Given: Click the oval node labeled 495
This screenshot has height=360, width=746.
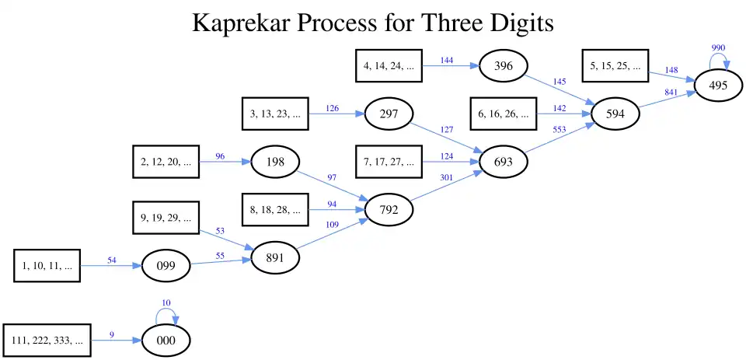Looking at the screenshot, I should point(719,86).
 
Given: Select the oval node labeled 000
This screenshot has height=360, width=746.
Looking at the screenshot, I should point(166,341).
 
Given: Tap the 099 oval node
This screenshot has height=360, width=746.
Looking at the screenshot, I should point(166,266).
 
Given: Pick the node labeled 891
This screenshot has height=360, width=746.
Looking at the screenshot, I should point(275,258).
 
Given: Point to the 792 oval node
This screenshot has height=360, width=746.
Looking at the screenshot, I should point(389,209).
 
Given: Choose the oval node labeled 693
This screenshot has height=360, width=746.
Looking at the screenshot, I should point(503,162).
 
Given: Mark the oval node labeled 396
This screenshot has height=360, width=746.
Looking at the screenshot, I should point(504,66).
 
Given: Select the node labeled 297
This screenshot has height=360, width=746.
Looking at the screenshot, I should point(389,114).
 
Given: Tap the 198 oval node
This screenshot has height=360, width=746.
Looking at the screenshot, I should point(275,162).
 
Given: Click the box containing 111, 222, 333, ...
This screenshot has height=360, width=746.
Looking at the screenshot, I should point(47,341).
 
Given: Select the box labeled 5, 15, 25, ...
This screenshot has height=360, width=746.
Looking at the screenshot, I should point(615,66).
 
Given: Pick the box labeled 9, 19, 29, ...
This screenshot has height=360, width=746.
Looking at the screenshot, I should point(166,218).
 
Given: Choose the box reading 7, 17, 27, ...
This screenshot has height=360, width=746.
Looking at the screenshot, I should point(389,162).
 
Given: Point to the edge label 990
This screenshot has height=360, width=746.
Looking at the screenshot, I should point(719,48).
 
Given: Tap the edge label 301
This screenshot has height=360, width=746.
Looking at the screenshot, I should point(445,177).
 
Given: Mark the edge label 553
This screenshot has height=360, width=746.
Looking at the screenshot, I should point(559,129).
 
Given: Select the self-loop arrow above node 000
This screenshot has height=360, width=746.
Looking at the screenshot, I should point(166,313).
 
